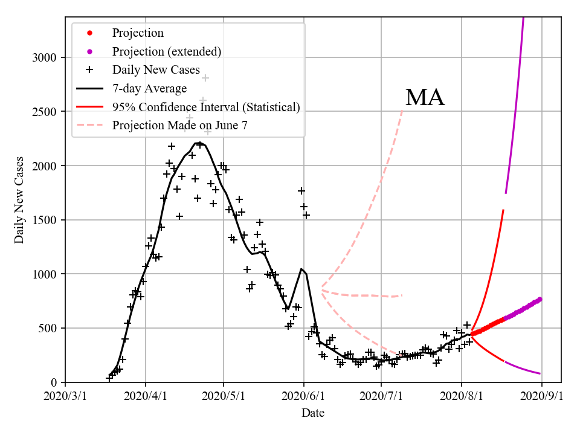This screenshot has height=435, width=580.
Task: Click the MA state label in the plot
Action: pyautogui.click(x=425, y=98)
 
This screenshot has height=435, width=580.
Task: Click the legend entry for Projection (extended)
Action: pyautogui.click(x=167, y=51)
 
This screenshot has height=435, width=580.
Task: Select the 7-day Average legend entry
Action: pyautogui.click(x=149, y=88)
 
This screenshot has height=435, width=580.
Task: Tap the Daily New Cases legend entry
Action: pyautogui.click(x=156, y=69)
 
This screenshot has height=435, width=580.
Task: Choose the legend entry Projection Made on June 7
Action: pyautogui.click(x=180, y=125)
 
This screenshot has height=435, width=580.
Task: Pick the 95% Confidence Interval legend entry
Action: pyautogui.click(x=206, y=107)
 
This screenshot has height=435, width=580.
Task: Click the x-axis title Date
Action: pyautogui.click(x=313, y=413)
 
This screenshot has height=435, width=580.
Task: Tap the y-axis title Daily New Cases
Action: pyautogui.click(x=20, y=200)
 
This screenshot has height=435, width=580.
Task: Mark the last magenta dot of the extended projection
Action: pyautogui.click(x=540, y=299)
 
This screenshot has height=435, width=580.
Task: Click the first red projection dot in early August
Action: pyautogui.click(x=472, y=333)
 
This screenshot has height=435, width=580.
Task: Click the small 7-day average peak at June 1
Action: pyautogui.click(x=301, y=269)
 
